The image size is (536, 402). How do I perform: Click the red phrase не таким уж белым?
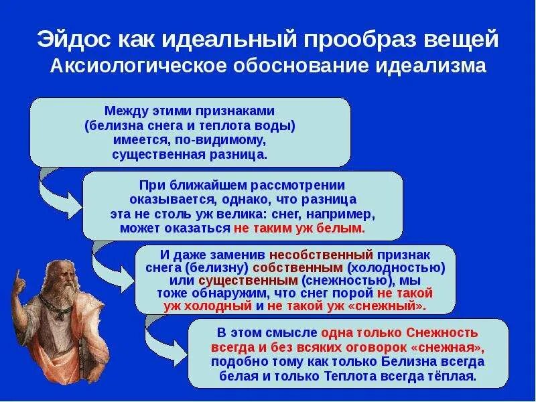pyautogui.click(x=299, y=228)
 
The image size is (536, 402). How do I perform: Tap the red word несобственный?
pyautogui.click(x=321, y=255)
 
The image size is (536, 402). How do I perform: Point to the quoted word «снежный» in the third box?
pyautogui.click(x=391, y=306)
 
